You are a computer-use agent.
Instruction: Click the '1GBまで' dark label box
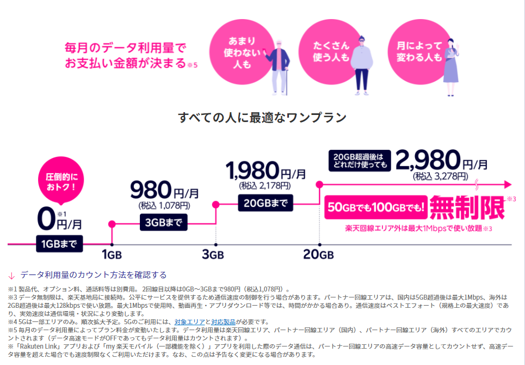coord(59,244)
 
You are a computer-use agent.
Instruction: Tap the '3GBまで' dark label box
coord(163,222)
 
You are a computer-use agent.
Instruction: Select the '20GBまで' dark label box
coord(265,203)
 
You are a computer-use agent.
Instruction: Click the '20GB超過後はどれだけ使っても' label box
coord(360,161)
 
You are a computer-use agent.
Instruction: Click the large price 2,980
coord(428,160)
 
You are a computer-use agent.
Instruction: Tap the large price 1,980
coord(252,171)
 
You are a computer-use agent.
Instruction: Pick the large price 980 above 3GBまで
coord(151,190)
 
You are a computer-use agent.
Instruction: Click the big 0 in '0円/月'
coord(46,219)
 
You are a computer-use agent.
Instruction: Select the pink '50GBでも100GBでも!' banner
coord(376,207)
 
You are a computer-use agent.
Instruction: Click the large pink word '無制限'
coord(467,208)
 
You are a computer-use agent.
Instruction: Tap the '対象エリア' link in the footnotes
coord(189,322)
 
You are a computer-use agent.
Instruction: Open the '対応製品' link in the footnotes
coord(223,322)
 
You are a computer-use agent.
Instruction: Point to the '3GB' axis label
coord(213,254)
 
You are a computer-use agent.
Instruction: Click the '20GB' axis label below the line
coord(318,254)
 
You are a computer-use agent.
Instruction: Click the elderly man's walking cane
coord(287,82)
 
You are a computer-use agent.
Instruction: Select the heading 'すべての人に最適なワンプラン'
coord(262,118)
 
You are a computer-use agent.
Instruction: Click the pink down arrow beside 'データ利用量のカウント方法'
coord(12,276)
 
